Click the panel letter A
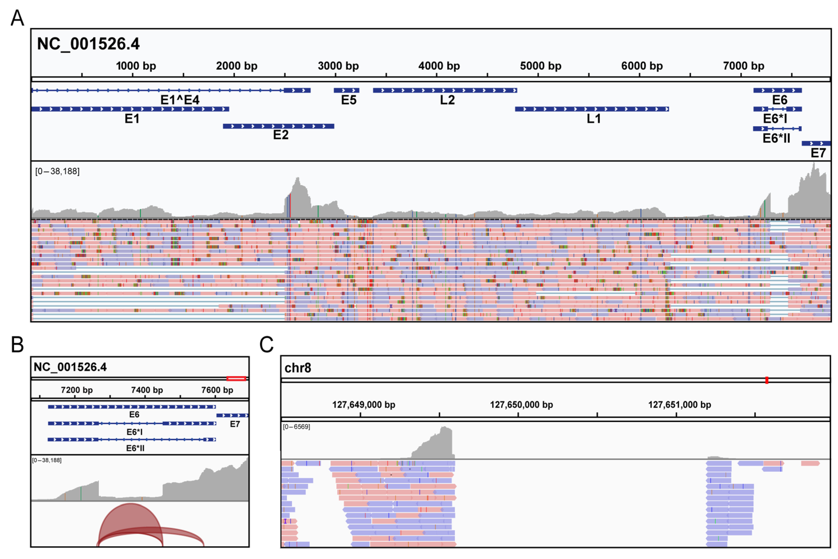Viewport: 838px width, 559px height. click(17, 18)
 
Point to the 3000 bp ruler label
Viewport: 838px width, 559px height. click(338, 66)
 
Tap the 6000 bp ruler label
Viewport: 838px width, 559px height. click(642, 66)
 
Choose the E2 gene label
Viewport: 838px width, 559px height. click(281, 135)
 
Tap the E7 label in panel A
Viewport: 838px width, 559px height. click(818, 153)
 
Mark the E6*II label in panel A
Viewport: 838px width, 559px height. click(776, 138)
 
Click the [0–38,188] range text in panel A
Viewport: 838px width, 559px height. click(57, 171)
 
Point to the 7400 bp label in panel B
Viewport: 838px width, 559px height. click(147, 390)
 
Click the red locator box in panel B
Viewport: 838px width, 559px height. click(236, 379)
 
